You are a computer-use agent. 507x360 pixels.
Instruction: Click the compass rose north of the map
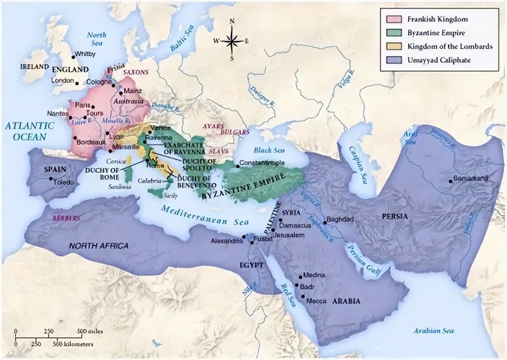(x=232, y=41)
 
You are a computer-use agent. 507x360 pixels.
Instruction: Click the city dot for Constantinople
(x=238, y=166)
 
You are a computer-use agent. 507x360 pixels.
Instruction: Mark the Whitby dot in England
(x=74, y=57)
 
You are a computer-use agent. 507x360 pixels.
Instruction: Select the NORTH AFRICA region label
(x=98, y=246)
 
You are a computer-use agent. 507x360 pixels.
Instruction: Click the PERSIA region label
(x=395, y=216)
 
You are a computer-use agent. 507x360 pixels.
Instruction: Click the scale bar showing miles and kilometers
(x=54, y=337)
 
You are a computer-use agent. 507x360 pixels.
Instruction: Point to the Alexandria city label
(x=227, y=241)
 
